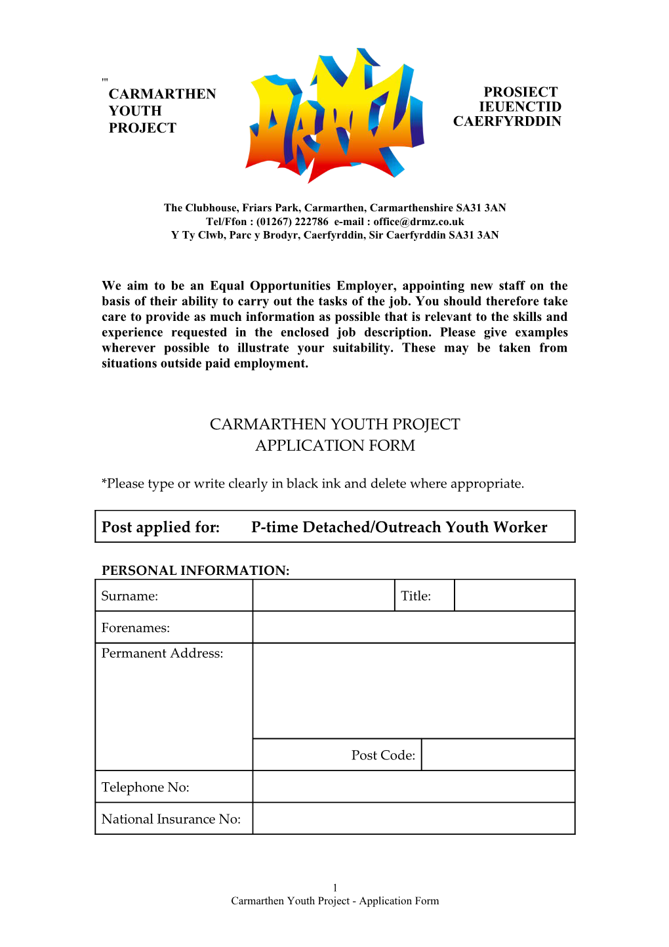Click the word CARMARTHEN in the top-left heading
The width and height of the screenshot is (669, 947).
tap(162, 94)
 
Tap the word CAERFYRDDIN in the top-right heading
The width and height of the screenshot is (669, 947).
tap(507, 121)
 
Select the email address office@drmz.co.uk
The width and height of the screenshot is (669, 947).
tap(418, 222)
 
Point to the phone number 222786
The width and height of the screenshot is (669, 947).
tap(312, 222)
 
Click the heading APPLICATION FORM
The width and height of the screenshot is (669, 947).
tap(334, 446)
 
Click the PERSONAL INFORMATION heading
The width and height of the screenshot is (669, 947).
tap(195, 570)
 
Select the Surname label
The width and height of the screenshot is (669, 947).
tap(130, 596)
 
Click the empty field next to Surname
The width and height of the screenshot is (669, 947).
tap(323, 595)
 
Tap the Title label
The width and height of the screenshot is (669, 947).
tap(416, 596)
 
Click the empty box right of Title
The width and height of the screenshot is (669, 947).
tap(514, 595)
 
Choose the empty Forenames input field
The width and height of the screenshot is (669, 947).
tap(413, 627)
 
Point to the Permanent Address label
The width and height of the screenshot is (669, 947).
tap(162, 654)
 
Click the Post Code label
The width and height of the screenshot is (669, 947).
tap(383, 755)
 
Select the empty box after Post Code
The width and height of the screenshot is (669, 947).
tap(498, 755)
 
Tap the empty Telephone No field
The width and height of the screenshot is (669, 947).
tap(413, 787)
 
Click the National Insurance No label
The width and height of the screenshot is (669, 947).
tap(171, 819)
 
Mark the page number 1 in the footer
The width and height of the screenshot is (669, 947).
tap(334, 888)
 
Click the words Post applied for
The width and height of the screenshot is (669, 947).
tap(161, 527)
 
